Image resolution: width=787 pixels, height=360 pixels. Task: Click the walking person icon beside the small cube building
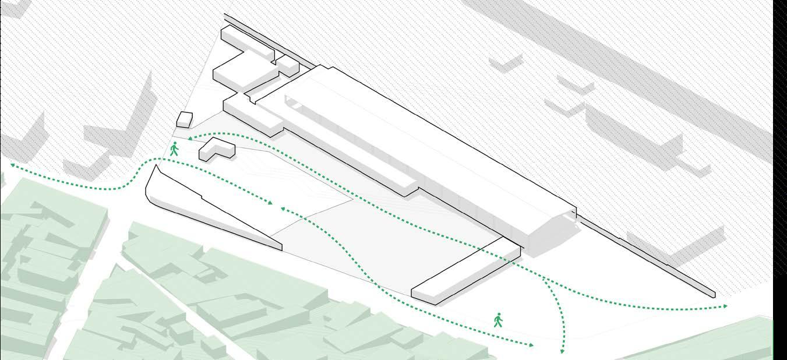(174, 149)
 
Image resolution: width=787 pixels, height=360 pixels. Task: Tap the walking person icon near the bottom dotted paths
(498, 320)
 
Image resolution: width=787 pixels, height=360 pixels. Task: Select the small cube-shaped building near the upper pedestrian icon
(184, 119)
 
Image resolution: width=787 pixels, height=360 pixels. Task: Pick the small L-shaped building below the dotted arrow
(216, 150)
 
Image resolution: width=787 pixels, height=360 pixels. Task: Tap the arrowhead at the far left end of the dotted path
(12, 165)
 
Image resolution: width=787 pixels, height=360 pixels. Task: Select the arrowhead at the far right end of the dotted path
(725, 306)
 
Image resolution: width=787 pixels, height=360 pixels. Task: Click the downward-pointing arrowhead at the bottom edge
(563, 351)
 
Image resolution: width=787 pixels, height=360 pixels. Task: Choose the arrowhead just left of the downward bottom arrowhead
(531, 345)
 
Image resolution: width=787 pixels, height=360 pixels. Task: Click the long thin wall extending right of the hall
(647, 256)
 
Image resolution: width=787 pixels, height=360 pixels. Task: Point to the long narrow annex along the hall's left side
(326, 146)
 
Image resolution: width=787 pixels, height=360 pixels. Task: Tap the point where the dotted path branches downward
(542, 278)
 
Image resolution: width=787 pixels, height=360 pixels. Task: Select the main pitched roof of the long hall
(419, 140)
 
